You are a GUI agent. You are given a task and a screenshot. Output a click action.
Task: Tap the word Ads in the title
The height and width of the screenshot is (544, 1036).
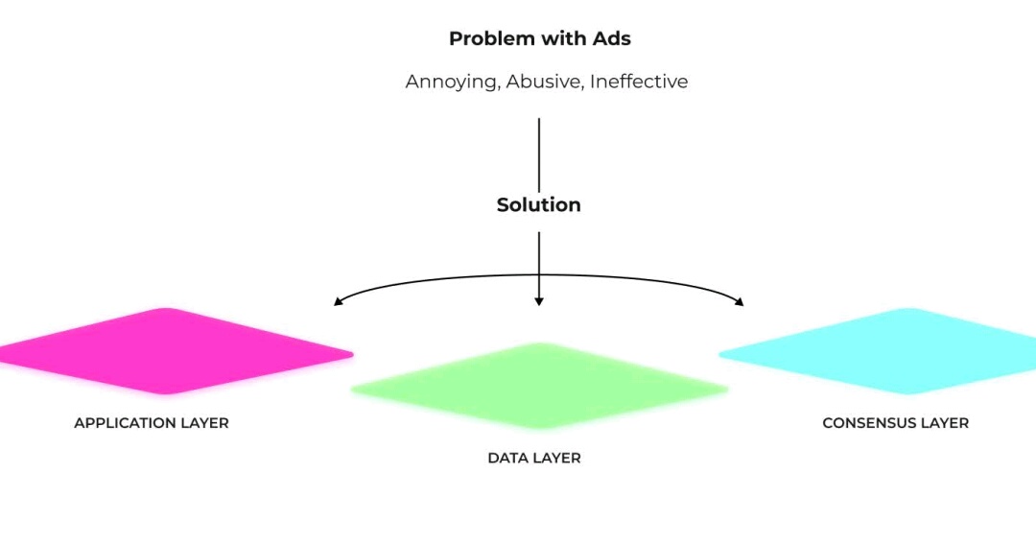(611, 38)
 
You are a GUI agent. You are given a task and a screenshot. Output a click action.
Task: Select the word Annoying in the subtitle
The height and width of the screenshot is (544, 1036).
(453, 82)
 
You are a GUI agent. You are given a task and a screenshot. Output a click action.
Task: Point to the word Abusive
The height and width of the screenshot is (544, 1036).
(545, 82)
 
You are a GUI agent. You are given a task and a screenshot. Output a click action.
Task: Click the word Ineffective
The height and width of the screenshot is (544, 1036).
(639, 82)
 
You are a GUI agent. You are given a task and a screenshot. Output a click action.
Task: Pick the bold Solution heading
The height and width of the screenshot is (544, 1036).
(538, 205)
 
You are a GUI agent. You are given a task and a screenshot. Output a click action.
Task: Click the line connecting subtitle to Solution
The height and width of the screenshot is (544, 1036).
(539, 154)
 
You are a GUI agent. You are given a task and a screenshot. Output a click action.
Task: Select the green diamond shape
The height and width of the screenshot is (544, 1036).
(539, 386)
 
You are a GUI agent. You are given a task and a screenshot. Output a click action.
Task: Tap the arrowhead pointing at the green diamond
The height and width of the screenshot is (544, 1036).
(539, 301)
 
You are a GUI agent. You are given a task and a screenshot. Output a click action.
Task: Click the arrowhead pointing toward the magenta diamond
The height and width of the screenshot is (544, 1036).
(338, 301)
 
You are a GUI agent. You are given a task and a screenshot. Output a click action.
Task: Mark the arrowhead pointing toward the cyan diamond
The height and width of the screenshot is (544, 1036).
(740, 301)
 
